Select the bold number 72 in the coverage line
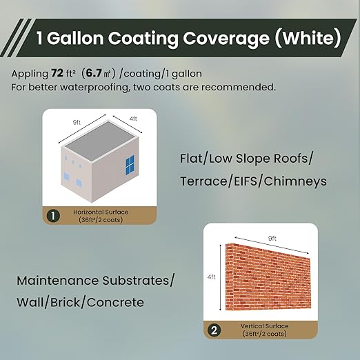57,72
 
